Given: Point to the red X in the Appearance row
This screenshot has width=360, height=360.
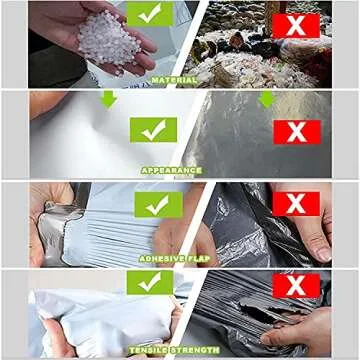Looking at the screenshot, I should (296, 131).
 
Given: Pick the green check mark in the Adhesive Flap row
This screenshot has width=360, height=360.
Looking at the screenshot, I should (157, 205).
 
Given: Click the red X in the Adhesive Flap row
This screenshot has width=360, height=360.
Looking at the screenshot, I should (296, 205).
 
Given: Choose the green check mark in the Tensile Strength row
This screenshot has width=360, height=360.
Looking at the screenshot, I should (150, 283).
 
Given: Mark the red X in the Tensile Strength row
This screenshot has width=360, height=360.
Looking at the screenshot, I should (296, 286).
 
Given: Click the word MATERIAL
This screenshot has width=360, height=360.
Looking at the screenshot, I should (173, 80).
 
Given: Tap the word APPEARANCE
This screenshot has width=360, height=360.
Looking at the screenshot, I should (171, 170).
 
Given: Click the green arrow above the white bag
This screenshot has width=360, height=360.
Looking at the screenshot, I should (108, 99).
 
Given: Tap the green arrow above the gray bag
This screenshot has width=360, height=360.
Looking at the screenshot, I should (266, 99).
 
